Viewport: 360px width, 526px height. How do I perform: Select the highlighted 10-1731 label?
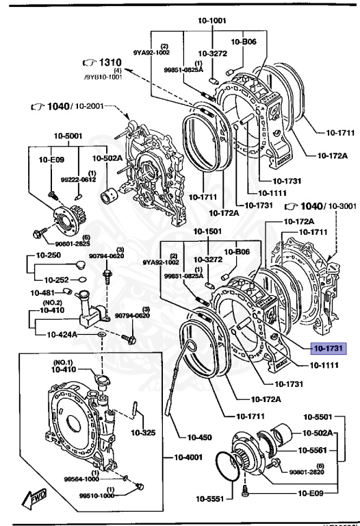(x=329, y=348)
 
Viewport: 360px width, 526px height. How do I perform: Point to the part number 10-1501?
(x=207, y=231)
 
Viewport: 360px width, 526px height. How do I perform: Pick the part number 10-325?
(x=143, y=433)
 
